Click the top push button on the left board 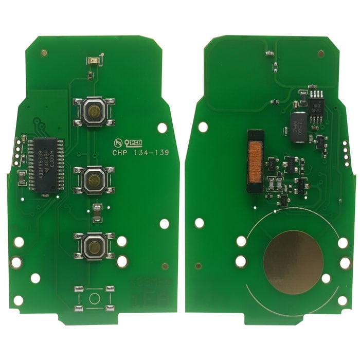94,110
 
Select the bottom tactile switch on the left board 94,247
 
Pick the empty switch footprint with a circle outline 94,298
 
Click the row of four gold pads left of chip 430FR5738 20,147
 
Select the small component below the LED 91,76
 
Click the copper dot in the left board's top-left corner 44,52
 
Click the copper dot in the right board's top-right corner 321,53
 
